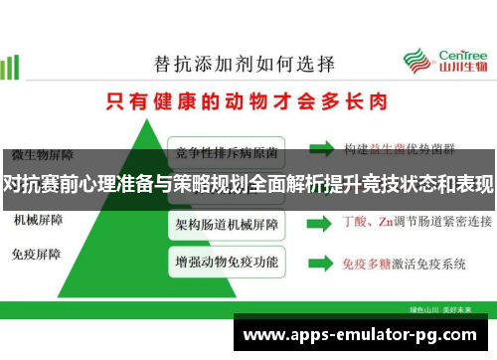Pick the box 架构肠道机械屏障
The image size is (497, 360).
pyautogui.click(x=228, y=222)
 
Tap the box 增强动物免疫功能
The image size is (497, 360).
pyautogui.click(x=228, y=263)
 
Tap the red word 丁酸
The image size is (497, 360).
pyautogui.click(x=356, y=221)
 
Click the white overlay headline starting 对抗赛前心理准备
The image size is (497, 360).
pyautogui.click(x=248, y=185)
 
